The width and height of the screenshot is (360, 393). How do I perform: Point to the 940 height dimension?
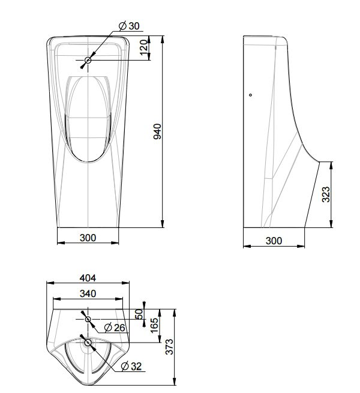(x=158, y=132)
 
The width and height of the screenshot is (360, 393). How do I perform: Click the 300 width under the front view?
(x=88, y=238)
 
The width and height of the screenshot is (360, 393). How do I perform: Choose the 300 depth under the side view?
(x=274, y=241)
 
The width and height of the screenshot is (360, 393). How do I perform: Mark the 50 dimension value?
(x=139, y=313)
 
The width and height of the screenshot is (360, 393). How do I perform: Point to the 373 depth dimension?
(x=170, y=347)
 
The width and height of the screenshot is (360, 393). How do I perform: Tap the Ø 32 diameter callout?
(x=131, y=366)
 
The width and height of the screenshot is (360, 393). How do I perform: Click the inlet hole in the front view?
(x=88, y=60)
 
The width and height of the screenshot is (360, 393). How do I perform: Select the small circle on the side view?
(x=250, y=94)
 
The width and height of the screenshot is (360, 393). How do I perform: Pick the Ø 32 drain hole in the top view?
(x=88, y=343)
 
